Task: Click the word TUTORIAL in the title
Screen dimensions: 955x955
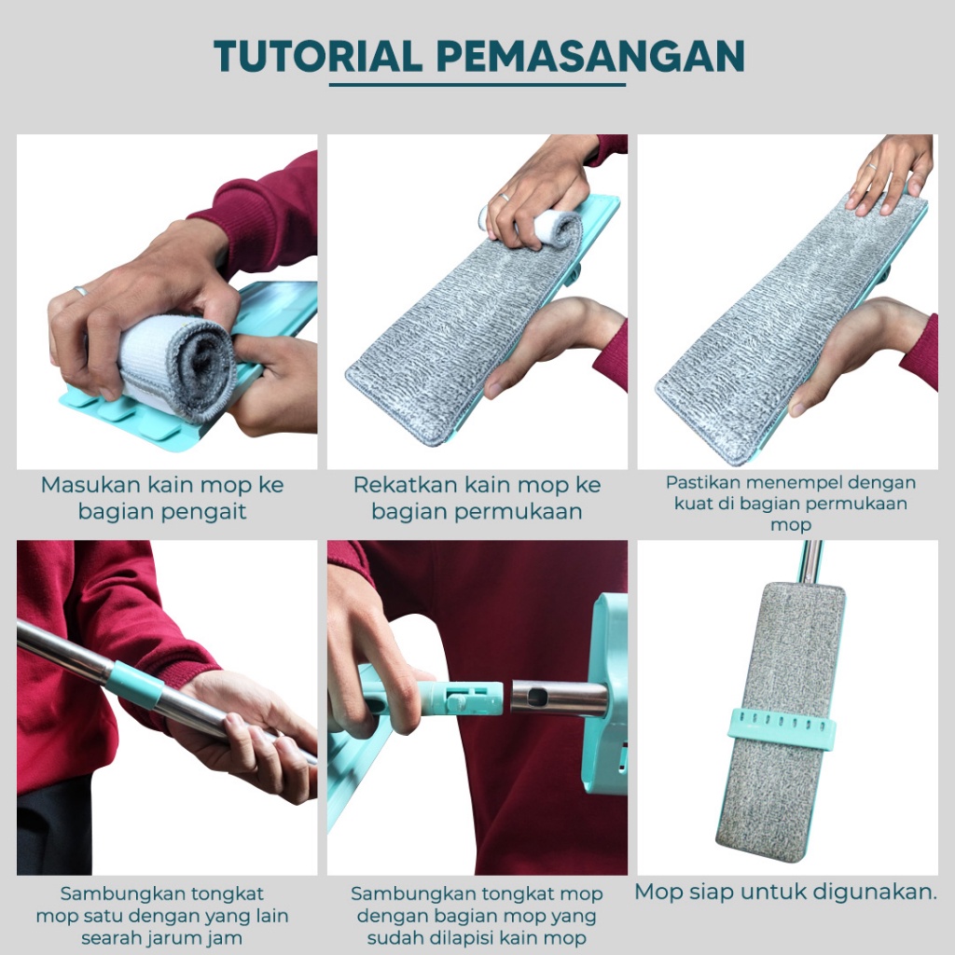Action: pyautogui.click(x=318, y=56)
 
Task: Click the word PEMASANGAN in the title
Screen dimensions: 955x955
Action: pyautogui.click(x=590, y=56)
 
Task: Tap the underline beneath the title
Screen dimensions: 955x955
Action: pyautogui.click(x=477, y=85)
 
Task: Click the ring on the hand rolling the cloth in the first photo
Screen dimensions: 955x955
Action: pyautogui.click(x=80, y=291)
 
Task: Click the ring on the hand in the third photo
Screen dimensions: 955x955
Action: pyautogui.click(x=872, y=167)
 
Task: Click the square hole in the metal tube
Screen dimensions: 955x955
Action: pyautogui.click(x=536, y=698)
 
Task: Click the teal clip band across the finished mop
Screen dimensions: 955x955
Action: pyautogui.click(x=782, y=726)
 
